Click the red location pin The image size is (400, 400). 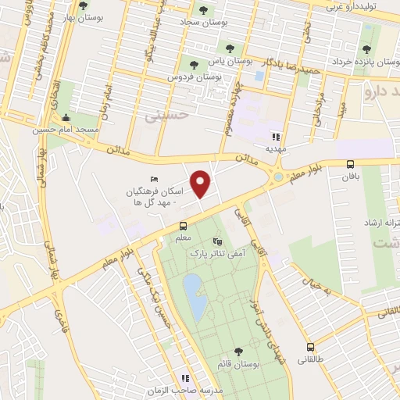click(202, 183)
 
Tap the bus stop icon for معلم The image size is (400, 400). click(181, 227)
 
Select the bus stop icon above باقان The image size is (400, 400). click(349, 164)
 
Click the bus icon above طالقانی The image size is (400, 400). click(310, 347)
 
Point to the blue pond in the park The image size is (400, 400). click(195, 297)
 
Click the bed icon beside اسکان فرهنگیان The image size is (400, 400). click(152, 180)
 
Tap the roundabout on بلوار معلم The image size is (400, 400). click(279, 177)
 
